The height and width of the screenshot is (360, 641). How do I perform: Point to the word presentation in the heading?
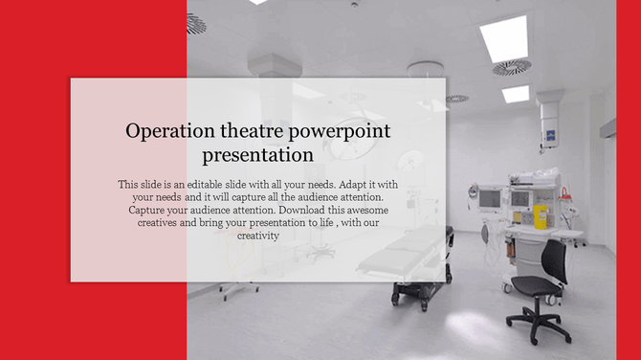pyautogui.click(x=257, y=154)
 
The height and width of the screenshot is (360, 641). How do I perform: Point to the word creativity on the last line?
pyautogui.click(x=257, y=235)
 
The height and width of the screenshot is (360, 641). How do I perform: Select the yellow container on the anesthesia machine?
pyautogui.click(x=540, y=214)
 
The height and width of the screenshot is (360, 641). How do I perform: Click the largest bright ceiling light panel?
pyautogui.click(x=504, y=38)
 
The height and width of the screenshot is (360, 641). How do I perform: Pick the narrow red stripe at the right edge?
pyautogui.click(x=628, y=180)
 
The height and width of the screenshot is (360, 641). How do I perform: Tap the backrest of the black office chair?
pyautogui.click(x=553, y=259)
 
